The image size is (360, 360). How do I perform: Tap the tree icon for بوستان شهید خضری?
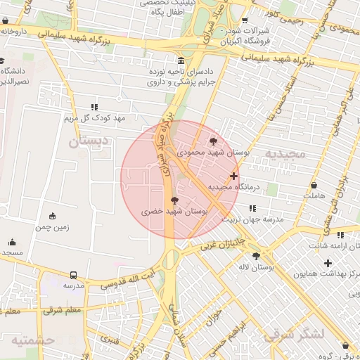(174, 200)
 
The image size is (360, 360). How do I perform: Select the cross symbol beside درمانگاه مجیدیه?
(233, 176)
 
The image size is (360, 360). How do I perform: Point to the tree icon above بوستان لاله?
(255, 256)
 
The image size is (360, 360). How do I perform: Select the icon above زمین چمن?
(52, 216)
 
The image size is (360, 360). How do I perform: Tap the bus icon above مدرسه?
(74, 275)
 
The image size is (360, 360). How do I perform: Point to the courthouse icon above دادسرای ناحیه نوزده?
(181, 61)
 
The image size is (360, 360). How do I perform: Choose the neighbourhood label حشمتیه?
(32, 340)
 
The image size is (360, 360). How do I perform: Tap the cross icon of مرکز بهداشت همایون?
(328, 263)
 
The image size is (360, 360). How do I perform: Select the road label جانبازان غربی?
(222, 244)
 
